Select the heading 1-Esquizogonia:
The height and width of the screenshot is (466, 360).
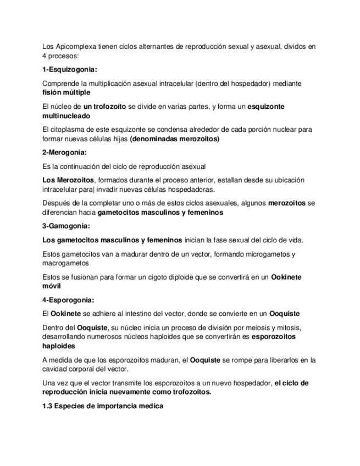(69, 70)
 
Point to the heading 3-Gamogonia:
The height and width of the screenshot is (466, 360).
(66, 226)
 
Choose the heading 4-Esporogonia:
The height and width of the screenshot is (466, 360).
(68, 300)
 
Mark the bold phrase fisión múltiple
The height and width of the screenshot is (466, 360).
(66, 93)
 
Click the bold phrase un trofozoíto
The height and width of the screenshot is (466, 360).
(104, 107)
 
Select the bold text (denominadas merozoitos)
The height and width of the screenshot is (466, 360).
(174, 139)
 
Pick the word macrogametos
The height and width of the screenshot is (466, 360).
(65, 263)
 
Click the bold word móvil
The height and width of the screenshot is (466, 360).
(52, 286)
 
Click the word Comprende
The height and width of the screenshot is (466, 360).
(60, 84)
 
